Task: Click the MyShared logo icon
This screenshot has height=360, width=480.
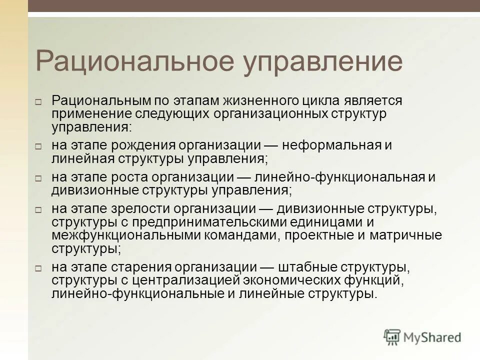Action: pyautogui.click(x=392, y=337)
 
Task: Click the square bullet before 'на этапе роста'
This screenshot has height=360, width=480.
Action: pyautogui.click(x=38, y=177)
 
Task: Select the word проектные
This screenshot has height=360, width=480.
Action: pyautogui.click(x=326, y=234)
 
